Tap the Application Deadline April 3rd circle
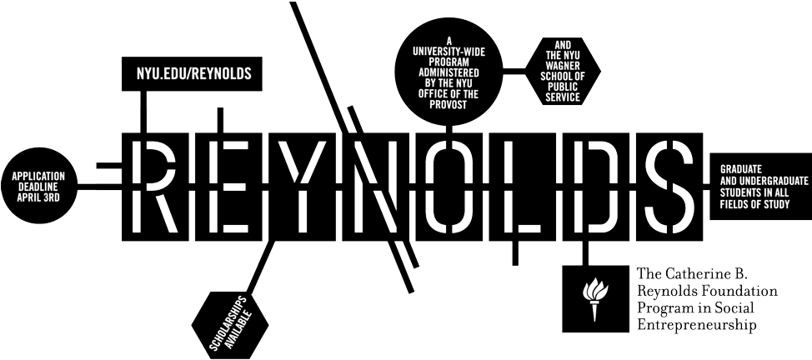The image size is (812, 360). coord(39,186)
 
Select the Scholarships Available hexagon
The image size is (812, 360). coord(230,326)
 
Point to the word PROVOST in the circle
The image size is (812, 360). coord(449,105)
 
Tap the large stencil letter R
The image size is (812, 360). coord(154,187)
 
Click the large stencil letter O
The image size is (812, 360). coord(449,187)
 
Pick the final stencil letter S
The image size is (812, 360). coord(669,187)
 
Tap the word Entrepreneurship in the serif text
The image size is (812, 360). coord(696,325)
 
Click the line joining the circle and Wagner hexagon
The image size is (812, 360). coord(514,71)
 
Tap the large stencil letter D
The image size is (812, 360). coord(595,187)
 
